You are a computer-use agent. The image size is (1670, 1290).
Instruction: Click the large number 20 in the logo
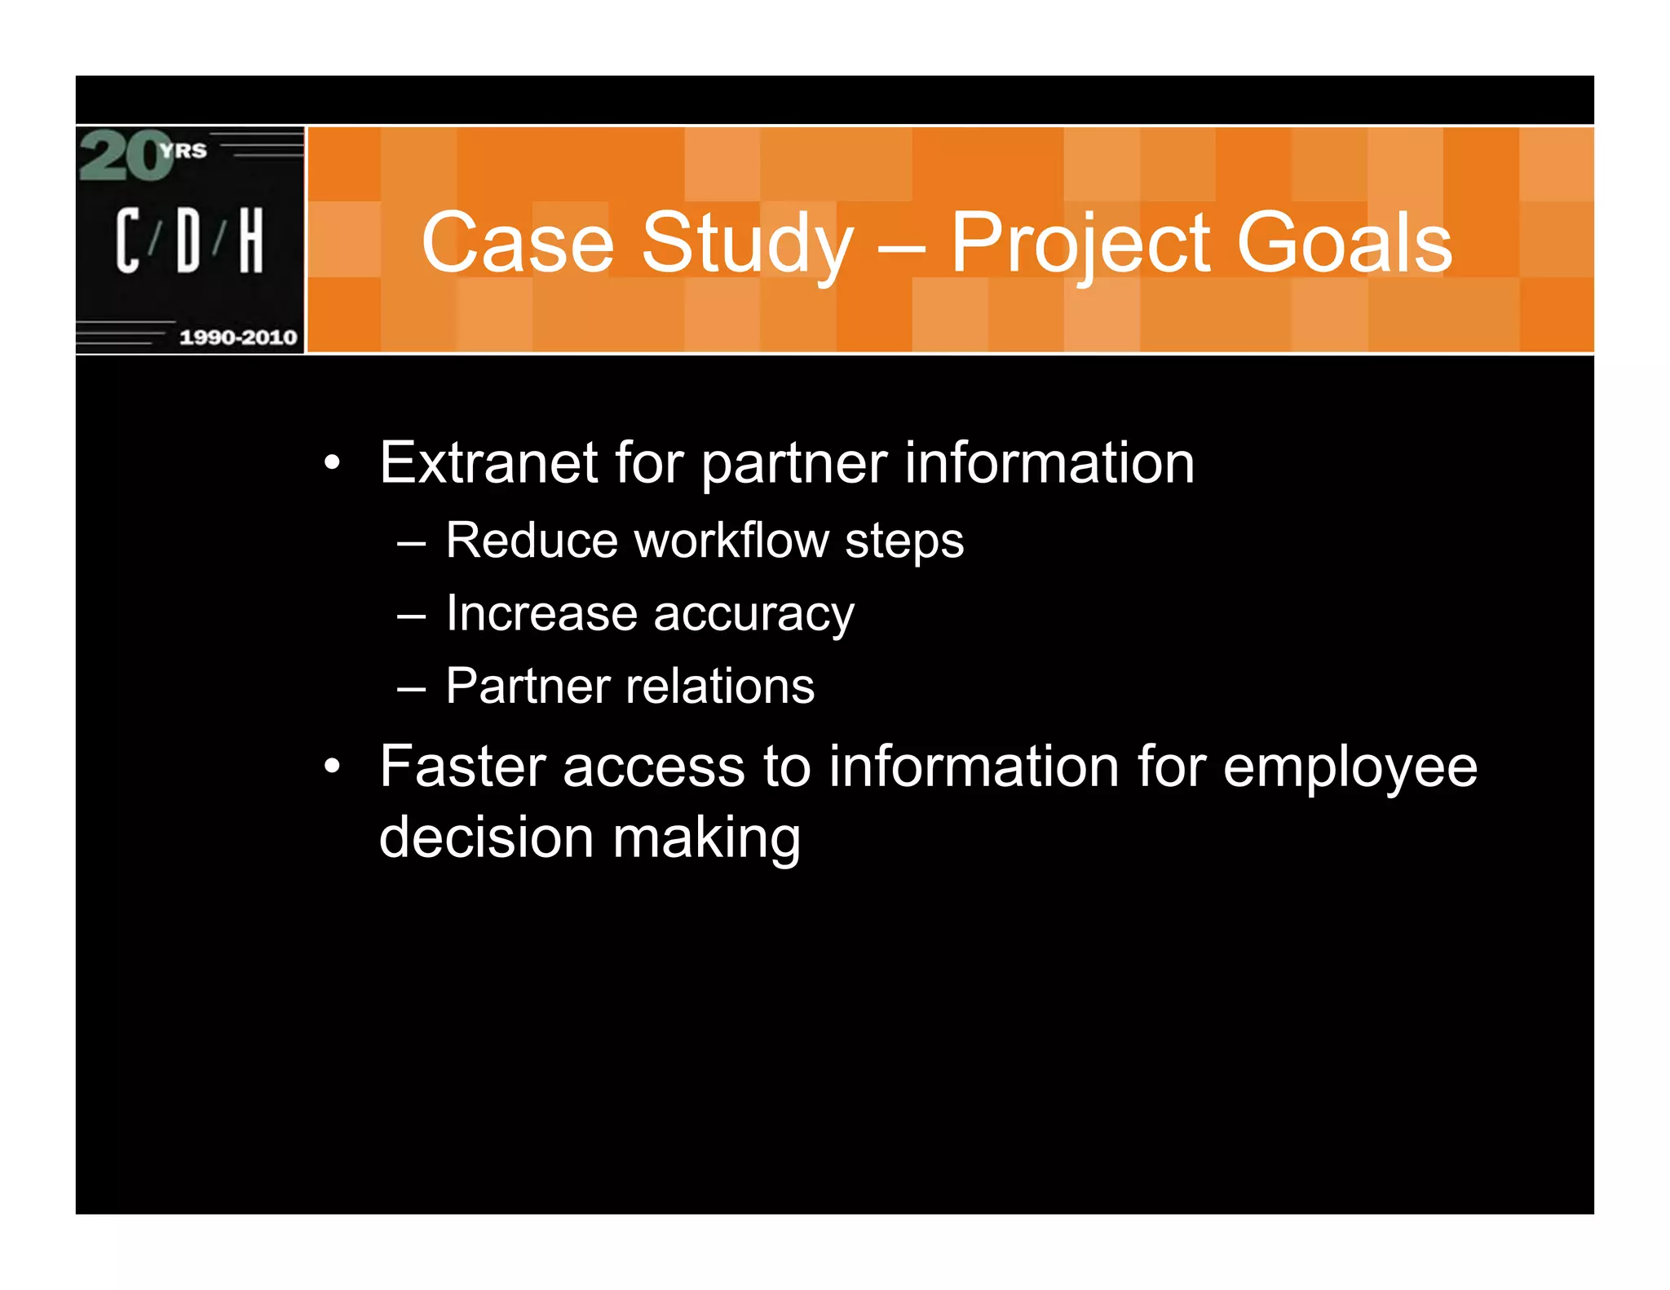124,156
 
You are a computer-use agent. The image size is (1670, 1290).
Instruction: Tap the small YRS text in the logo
183,151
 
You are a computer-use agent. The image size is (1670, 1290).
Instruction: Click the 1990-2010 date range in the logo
237,338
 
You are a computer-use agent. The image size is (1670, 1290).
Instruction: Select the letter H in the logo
251,240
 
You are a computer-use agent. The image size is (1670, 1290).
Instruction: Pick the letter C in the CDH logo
127,240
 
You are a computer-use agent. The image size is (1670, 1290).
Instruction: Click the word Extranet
488,463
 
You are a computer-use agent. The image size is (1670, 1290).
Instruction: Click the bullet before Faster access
331,767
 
